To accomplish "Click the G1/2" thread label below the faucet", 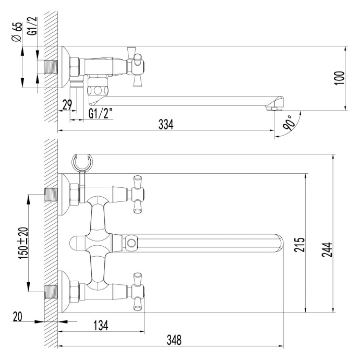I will pos(101,114).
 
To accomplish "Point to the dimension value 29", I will pos(67,104).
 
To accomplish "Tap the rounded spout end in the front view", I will pos(279,243).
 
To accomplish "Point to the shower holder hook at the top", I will pos(84,161).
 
